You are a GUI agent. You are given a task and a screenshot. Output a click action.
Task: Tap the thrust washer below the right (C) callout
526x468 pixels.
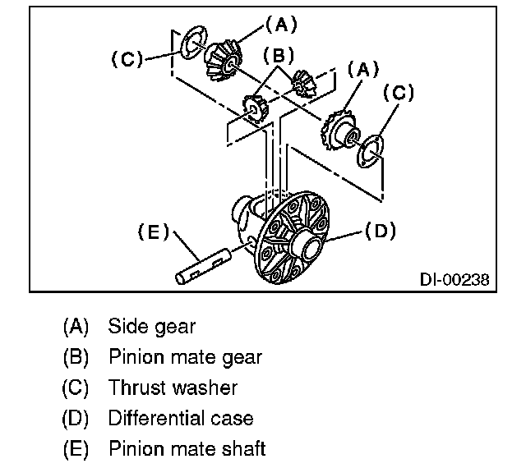click(372, 149)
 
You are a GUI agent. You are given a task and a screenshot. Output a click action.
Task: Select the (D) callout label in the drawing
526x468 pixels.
click(380, 232)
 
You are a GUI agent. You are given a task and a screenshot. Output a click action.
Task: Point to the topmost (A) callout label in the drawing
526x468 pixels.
click(281, 25)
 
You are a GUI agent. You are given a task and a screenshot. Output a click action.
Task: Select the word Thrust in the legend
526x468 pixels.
click(137, 388)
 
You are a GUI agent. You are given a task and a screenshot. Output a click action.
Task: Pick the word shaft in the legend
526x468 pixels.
click(243, 449)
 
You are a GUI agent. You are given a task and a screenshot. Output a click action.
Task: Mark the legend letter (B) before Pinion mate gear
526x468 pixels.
click(75, 357)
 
